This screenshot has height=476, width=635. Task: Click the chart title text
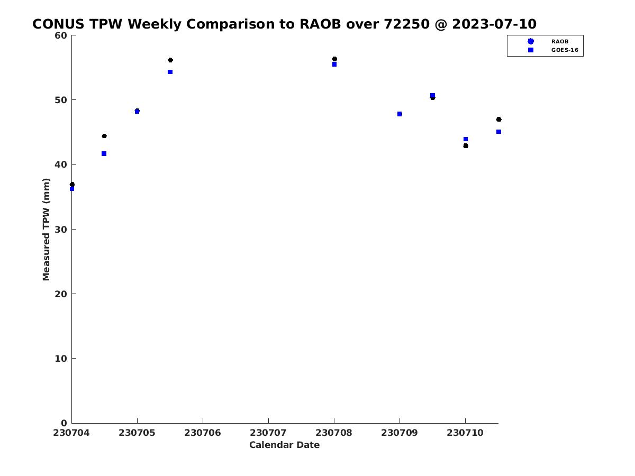pos(284,24)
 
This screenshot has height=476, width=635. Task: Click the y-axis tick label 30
pos(61,230)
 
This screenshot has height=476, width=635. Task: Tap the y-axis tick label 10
pos(61,359)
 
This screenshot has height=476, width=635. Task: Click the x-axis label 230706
pos(202,432)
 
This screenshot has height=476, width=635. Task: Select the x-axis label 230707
pos(268,432)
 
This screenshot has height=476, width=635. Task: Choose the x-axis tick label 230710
pos(465,432)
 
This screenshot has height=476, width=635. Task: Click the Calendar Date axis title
pos(284,445)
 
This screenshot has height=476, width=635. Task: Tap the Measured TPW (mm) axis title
pos(46,229)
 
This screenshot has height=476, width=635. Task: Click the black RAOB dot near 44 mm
pos(104,136)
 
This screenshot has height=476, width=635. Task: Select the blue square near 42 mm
pos(104,153)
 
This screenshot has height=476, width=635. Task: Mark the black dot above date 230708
pos(334,59)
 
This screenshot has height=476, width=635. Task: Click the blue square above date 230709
pos(399,114)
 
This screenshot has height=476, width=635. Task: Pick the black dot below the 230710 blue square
pos(465,145)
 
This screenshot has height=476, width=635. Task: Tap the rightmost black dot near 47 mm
pos(498,119)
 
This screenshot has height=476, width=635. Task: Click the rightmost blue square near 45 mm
pos(498,132)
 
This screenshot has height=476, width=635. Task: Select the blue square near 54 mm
pos(170,72)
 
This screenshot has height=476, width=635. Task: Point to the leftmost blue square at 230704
pos(72,188)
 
